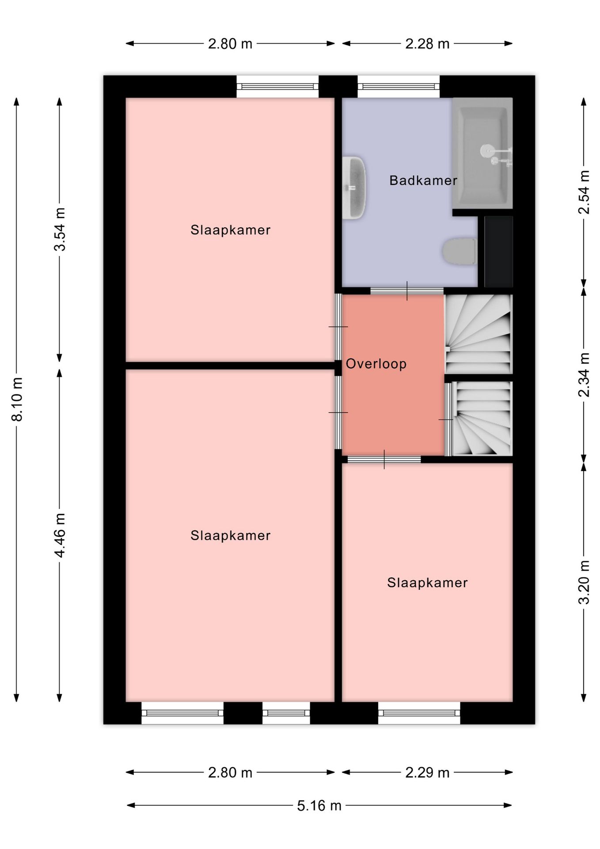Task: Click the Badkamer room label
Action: click(423, 180)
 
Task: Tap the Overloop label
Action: click(376, 364)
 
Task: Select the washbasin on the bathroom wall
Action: click(354, 187)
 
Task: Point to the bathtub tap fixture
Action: click(497, 155)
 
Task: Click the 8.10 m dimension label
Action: click(17, 399)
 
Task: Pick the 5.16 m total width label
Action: click(319, 806)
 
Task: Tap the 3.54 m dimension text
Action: click(60, 229)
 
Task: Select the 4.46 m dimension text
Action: click(60, 535)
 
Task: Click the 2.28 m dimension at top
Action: click(427, 44)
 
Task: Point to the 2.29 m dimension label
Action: click(427, 773)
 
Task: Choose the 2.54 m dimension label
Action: click(584, 192)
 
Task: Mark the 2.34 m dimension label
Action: click(584, 375)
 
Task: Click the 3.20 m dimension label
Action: click(584, 582)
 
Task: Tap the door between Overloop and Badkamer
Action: click(407, 291)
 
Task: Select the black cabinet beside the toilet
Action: click(498, 252)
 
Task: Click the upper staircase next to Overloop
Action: click(478, 334)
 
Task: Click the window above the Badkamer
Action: click(399, 87)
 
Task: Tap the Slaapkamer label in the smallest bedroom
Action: click(427, 583)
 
